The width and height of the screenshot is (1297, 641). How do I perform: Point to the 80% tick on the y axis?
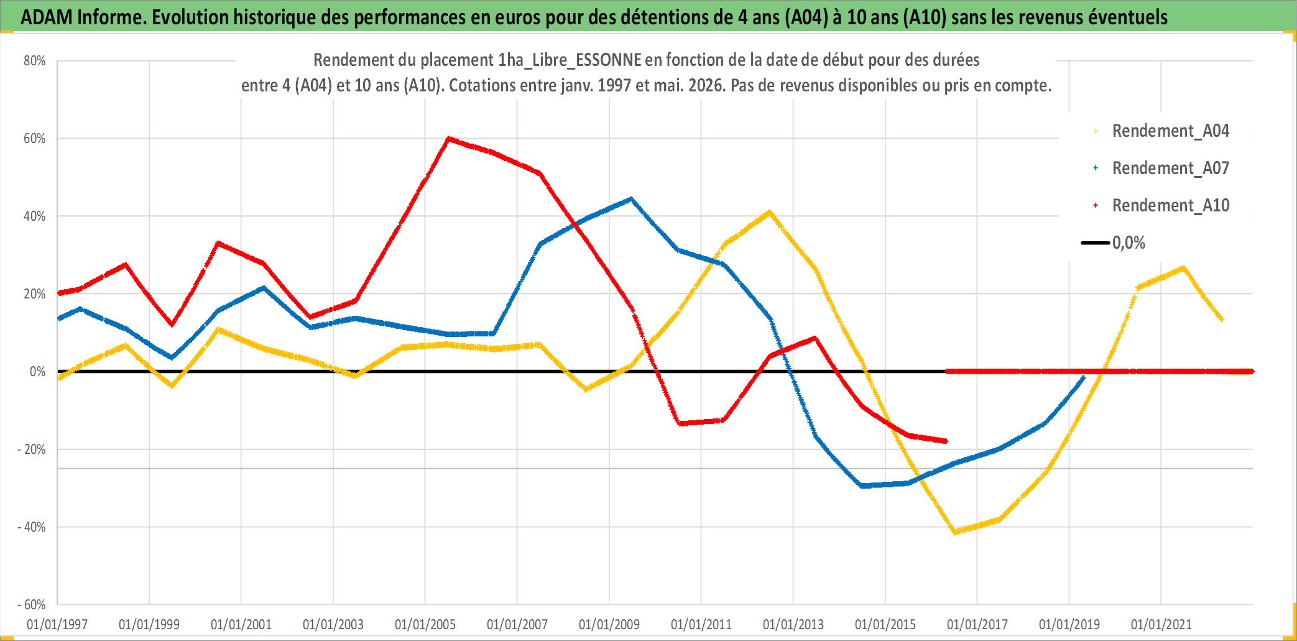(x=35, y=61)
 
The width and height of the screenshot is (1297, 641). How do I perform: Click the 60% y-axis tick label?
(x=35, y=139)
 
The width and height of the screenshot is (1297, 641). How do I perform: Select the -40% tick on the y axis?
(x=32, y=527)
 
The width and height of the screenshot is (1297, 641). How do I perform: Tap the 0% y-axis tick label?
(x=38, y=372)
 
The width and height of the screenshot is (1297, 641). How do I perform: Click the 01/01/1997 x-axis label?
(x=57, y=624)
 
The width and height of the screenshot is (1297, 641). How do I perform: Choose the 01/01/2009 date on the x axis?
(x=609, y=624)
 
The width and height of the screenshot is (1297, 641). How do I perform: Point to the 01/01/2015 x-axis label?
(x=885, y=624)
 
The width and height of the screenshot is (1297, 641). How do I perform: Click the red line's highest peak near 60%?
(x=448, y=139)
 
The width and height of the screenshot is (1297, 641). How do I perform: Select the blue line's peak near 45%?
(x=631, y=199)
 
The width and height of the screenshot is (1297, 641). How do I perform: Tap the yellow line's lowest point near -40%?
(x=955, y=532)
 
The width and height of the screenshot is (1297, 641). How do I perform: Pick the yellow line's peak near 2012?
(x=770, y=213)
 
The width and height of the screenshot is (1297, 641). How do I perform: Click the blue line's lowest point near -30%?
(x=862, y=486)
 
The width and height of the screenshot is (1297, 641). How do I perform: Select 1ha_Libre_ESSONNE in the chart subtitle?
(x=570, y=60)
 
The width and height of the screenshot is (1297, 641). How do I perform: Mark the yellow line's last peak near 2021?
(x=1183, y=268)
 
